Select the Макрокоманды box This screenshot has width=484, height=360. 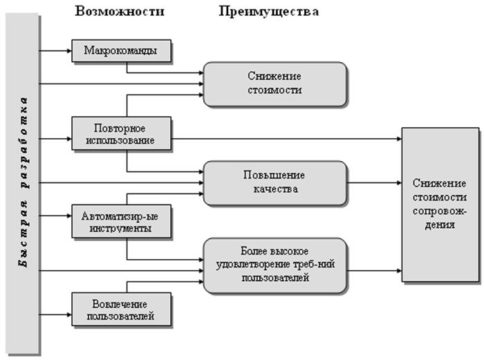coord(122,51)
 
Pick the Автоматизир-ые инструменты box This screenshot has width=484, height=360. coord(122,220)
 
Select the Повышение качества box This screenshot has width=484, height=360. coord(274,182)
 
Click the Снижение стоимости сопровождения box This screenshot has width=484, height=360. coord(440,204)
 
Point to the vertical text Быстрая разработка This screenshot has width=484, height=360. coord(23,183)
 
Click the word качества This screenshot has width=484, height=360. coord(274,189)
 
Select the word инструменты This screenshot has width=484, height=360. coord(122,227)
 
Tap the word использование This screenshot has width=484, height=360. coord(122,140)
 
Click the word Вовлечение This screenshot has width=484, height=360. coord(122,303)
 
